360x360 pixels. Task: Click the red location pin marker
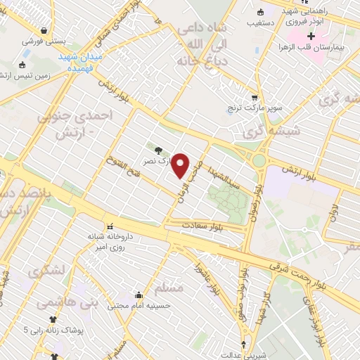pyautogui.click(x=181, y=165)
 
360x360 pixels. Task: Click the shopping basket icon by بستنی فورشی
pyautogui.click(x=45, y=30)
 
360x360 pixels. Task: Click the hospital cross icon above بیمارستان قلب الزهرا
pyautogui.click(x=311, y=34)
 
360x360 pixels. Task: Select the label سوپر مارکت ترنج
pyautogui.click(x=255, y=109)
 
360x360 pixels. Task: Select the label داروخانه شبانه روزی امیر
pyautogui.click(x=110, y=241)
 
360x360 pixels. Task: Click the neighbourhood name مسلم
pyautogui.click(x=170, y=288)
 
